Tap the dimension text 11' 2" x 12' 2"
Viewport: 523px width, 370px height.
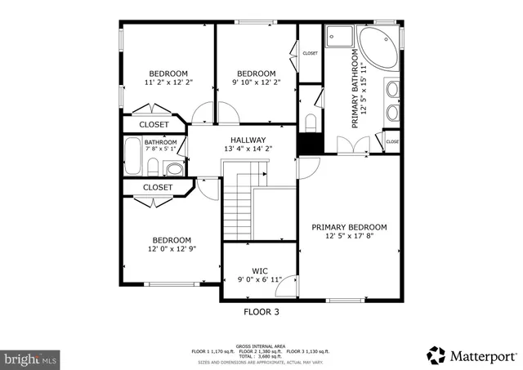coord(168,82)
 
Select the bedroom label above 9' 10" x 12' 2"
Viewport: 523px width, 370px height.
coord(255,71)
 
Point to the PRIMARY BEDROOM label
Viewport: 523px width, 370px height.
coord(350,226)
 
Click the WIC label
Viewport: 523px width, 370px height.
coord(260,270)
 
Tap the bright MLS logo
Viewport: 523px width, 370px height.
coord(31,358)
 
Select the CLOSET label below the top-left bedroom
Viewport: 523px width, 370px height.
coord(154,125)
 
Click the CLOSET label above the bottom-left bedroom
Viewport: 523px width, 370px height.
coord(158,187)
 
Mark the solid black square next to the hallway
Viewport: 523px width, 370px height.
coord(307,143)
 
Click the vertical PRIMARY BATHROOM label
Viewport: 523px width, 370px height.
coord(355,90)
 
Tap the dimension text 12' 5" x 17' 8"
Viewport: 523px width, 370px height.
coord(350,236)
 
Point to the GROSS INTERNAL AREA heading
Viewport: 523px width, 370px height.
coord(261,345)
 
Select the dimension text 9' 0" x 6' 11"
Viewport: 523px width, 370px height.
coord(260,279)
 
